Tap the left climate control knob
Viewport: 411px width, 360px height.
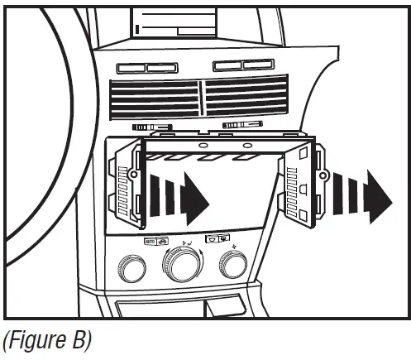point(131,268)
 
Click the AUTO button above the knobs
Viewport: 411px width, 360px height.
point(151,242)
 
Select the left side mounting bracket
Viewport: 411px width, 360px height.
point(125,184)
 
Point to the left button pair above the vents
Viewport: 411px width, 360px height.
point(140,68)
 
